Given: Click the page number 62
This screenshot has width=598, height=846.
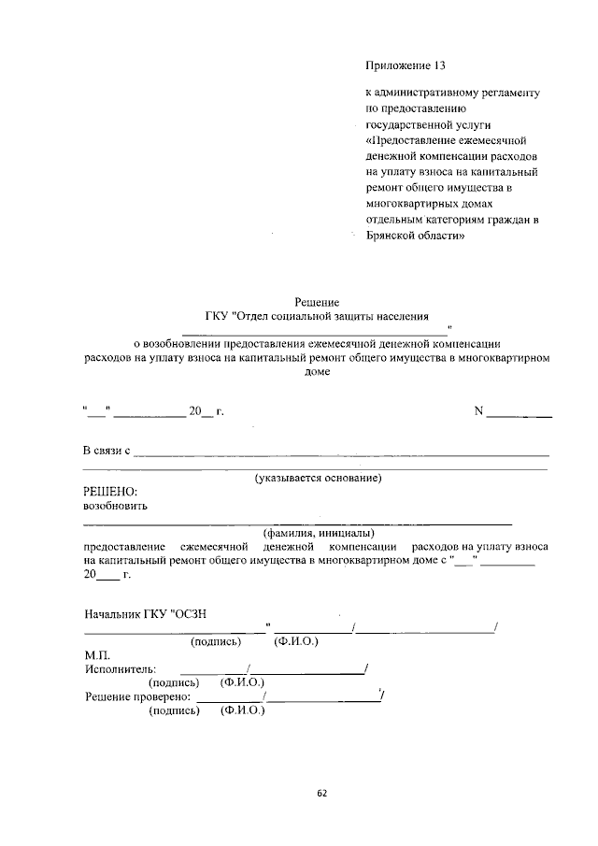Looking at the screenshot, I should click(x=321, y=793).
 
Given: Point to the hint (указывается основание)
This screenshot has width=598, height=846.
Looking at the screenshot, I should click(x=318, y=479).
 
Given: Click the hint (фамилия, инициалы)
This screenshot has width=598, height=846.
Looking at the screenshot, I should click(x=318, y=533).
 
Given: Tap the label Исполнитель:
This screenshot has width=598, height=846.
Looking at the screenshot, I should click(x=121, y=669).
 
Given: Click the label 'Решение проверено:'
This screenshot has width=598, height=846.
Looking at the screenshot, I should click(x=138, y=696).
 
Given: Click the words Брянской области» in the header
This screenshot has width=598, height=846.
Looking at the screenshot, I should click(x=415, y=236).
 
